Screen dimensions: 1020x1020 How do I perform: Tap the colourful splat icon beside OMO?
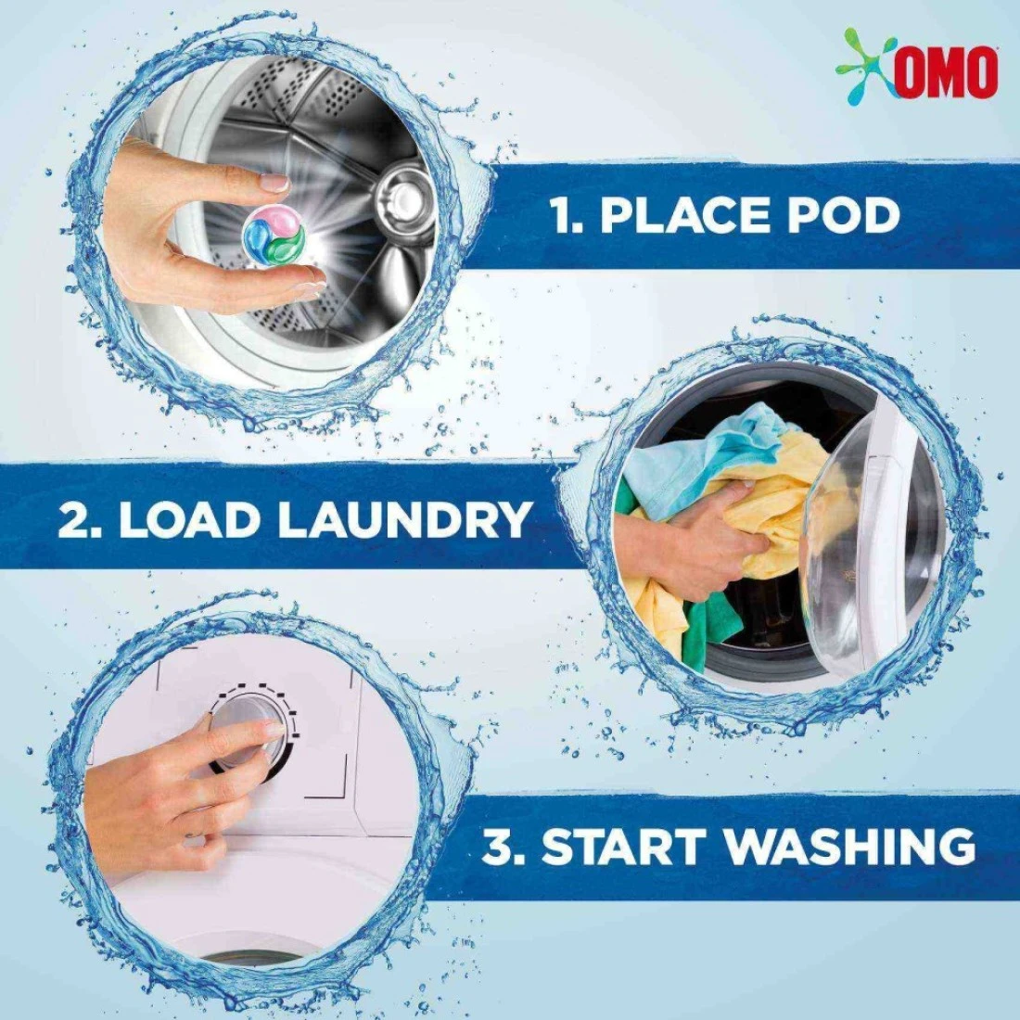[x=865, y=65]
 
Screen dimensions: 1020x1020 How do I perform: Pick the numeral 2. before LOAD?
[x=80, y=519]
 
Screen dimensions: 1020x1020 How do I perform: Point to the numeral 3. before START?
[x=504, y=846]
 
